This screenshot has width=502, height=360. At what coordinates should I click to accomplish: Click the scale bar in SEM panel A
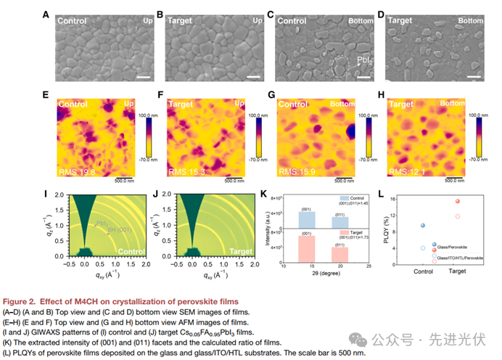(x=144, y=76)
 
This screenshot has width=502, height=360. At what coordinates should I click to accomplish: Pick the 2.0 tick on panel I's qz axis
(x=48, y=203)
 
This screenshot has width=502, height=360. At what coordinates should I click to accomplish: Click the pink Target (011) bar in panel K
(x=339, y=254)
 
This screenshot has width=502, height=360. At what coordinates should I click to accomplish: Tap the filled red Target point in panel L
(x=458, y=201)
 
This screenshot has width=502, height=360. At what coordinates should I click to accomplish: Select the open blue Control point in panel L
(x=423, y=248)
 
